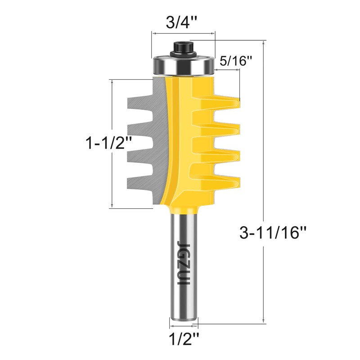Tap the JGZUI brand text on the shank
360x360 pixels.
183,261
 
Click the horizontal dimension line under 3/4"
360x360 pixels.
183,33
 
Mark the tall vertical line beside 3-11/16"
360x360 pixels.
262,180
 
